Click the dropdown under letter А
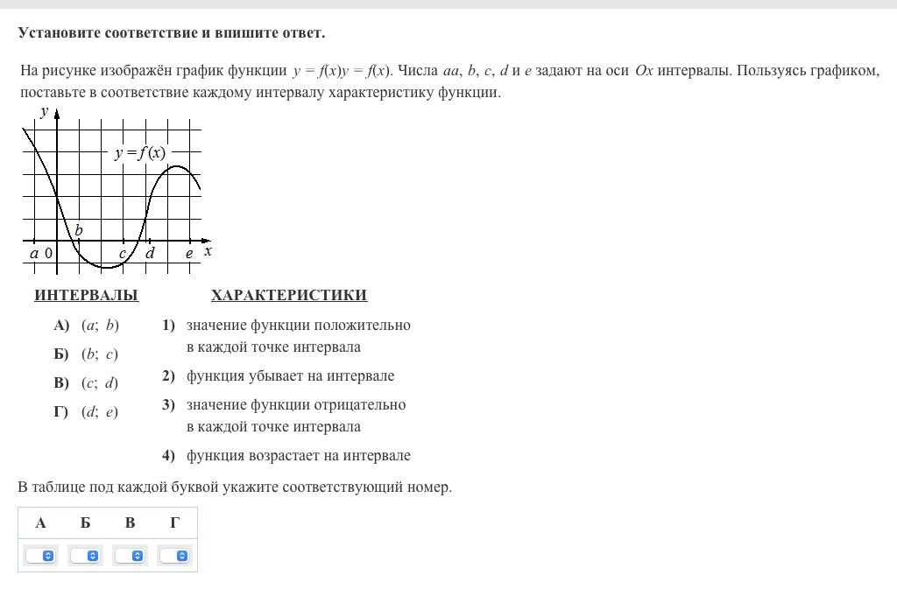(x=40, y=556)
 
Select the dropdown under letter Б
(x=85, y=556)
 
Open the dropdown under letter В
(x=130, y=556)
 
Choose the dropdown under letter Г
(x=174, y=556)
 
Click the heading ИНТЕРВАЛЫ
(x=86, y=296)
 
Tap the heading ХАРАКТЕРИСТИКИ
(x=289, y=296)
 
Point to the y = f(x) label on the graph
(x=139, y=153)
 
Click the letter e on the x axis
(x=188, y=253)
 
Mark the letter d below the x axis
(x=150, y=253)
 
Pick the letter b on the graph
(x=79, y=230)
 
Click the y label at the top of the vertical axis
(x=44, y=111)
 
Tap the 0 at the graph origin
(x=48, y=253)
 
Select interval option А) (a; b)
(x=86, y=326)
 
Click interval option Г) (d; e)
(x=86, y=412)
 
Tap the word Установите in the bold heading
(x=60, y=33)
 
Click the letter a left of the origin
(x=34, y=253)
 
